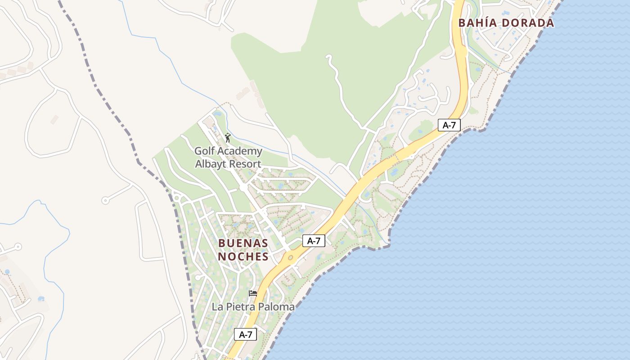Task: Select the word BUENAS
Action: pos(243,243)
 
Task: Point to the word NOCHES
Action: pos(243,257)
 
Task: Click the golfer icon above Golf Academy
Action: pos(228,138)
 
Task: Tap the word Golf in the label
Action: pos(205,151)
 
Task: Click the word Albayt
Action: pos(211,164)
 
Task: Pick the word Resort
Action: pos(245,164)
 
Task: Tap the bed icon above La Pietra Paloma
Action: pos(253,293)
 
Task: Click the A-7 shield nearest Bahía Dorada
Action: pos(449,125)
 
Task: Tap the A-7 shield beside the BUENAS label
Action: pos(314,241)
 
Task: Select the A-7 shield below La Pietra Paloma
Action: pos(245,334)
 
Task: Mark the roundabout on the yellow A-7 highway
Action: pos(290,258)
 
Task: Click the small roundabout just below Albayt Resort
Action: pos(243,186)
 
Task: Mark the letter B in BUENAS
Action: pos(221,243)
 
